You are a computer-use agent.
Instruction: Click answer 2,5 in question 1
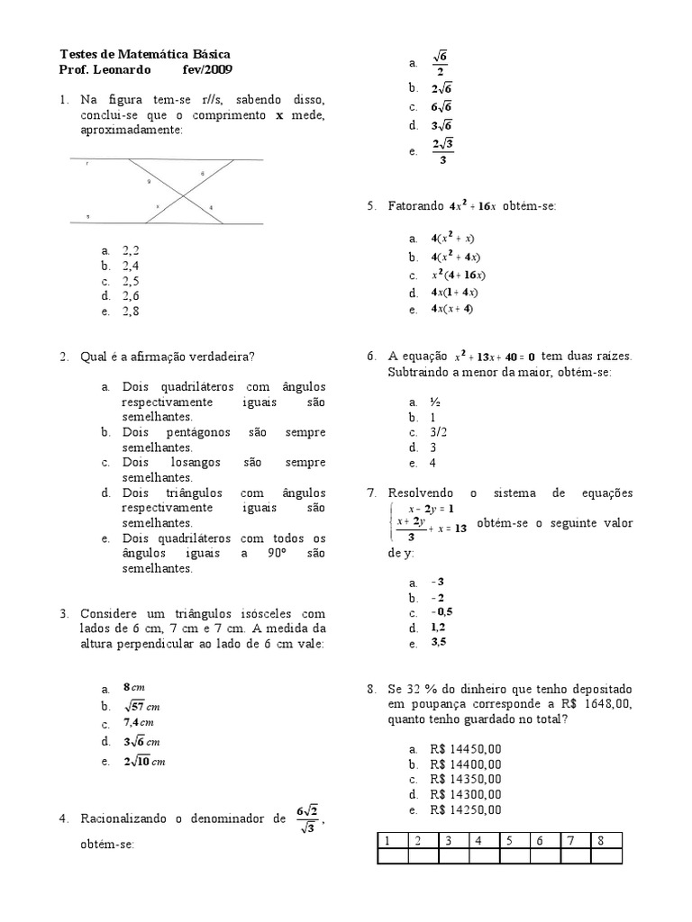coord(132,281)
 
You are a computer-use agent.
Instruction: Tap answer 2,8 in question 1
coord(132,312)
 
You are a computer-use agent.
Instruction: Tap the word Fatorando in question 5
coord(415,206)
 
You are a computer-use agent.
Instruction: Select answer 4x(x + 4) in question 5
coord(451,310)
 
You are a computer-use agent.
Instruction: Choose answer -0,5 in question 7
coord(441,612)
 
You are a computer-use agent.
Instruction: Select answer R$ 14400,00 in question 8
coord(466,764)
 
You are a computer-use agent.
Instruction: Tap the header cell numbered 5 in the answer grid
coord(509,840)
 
